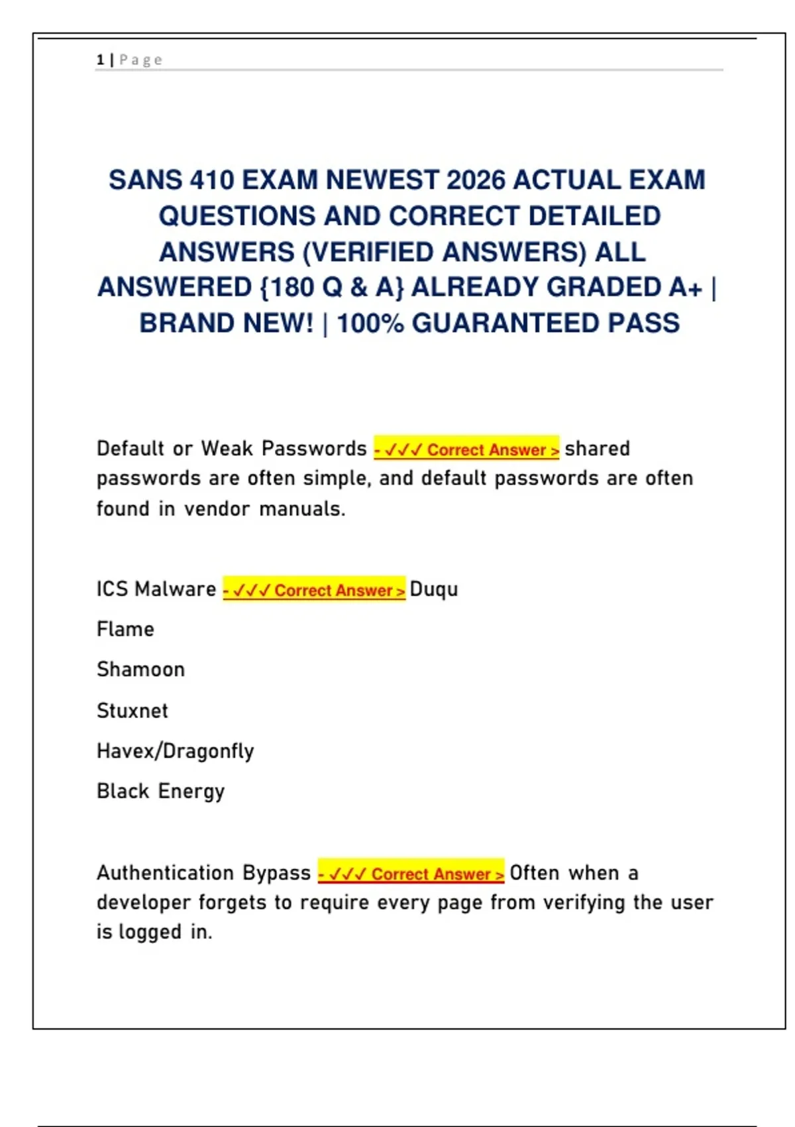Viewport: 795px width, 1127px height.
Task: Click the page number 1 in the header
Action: (x=100, y=60)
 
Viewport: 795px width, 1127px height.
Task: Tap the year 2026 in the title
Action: (x=476, y=180)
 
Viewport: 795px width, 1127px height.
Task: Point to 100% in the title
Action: (x=370, y=324)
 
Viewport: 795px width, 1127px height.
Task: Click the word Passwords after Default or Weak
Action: (x=314, y=449)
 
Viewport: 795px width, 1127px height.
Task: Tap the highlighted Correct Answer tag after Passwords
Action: (x=466, y=449)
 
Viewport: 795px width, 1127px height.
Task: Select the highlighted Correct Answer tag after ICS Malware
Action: (x=314, y=589)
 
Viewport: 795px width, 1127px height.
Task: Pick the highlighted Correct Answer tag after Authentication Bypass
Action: (x=411, y=873)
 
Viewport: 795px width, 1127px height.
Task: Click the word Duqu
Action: (x=434, y=589)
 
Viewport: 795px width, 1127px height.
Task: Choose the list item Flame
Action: (x=125, y=629)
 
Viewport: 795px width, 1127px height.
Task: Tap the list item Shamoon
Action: (x=140, y=670)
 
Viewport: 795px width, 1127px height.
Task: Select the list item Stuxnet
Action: (x=132, y=711)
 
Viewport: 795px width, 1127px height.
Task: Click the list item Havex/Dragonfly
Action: (x=176, y=751)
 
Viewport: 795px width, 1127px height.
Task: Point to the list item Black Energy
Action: (x=161, y=792)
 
